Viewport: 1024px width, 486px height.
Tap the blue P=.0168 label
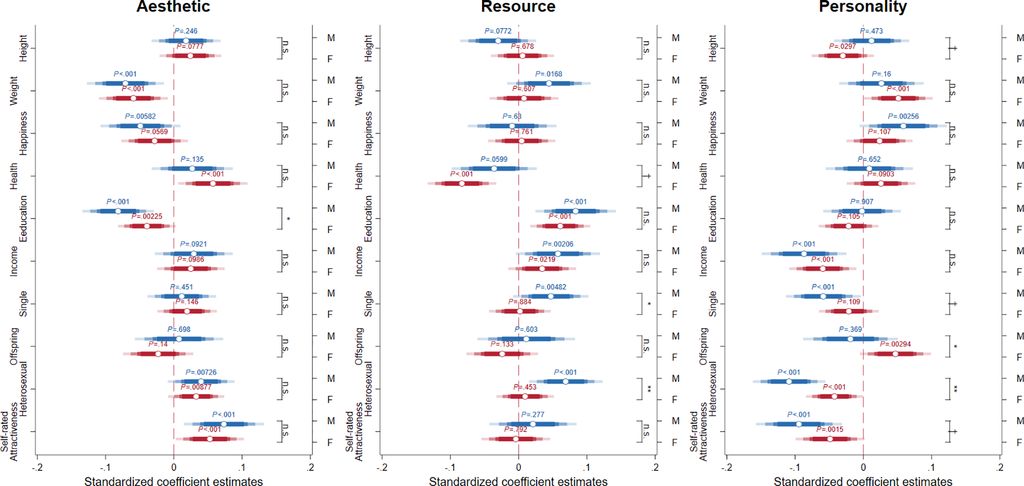tap(548, 74)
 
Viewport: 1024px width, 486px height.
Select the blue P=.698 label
tap(178, 329)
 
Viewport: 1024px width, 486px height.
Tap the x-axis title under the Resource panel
tap(518, 480)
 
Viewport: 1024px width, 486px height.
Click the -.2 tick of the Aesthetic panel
tap(37, 465)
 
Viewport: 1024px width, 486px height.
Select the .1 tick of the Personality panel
tap(931, 465)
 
